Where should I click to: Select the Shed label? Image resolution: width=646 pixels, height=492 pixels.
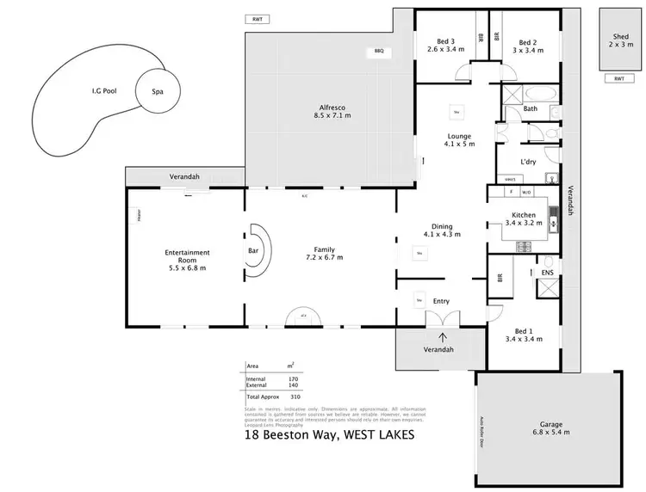pos(620,37)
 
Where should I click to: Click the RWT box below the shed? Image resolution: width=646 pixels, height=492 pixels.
pos(618,78)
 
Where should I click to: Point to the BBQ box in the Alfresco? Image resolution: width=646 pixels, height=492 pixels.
pos(379,52)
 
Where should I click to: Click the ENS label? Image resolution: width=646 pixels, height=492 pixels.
pos(546,274)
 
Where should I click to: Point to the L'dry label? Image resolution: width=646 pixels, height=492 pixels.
pos(530,161)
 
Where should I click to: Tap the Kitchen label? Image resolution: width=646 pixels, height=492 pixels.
pos(525,215)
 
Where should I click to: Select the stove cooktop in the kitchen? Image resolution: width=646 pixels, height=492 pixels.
pos(524,246)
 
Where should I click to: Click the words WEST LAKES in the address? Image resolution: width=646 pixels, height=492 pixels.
pos(378,434)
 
